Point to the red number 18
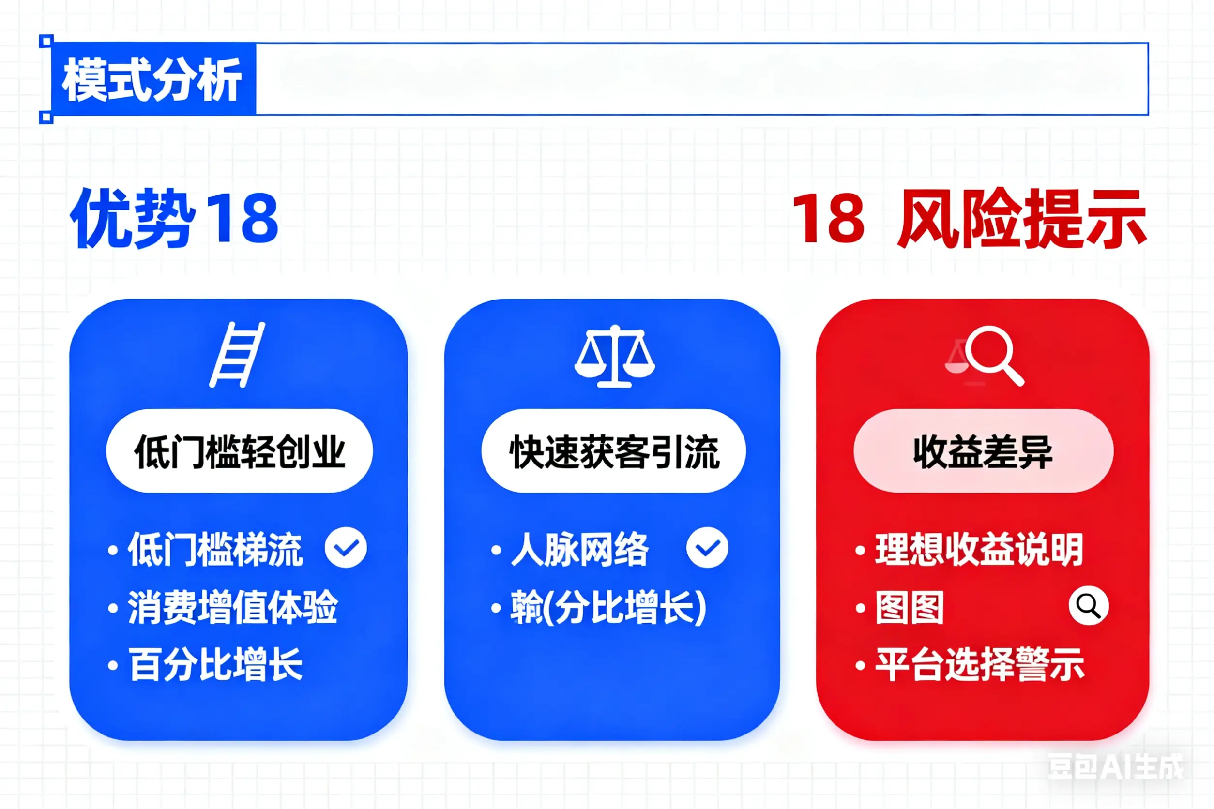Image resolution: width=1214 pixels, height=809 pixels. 828,218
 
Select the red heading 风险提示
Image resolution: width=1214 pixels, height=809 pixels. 1022,218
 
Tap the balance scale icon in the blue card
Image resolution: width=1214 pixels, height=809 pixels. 614,356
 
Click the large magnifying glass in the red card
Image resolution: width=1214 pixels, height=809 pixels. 994,355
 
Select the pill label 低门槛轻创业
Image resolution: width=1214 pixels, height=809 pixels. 240,451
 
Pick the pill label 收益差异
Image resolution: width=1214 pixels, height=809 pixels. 983,451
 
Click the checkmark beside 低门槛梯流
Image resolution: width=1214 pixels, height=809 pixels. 345,547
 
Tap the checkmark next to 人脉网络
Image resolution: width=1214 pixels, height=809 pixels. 707,547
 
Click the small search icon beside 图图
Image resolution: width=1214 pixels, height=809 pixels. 1089,606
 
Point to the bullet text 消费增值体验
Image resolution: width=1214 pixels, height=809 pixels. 232,607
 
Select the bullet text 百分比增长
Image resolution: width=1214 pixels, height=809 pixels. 215,664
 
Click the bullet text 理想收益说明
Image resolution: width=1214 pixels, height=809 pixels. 979,550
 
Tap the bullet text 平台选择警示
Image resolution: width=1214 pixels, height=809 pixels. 980,664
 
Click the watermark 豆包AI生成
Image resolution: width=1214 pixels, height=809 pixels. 1116,766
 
